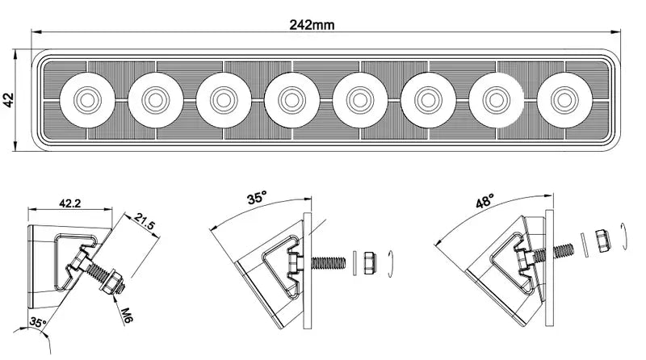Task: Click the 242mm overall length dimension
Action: [312, 25]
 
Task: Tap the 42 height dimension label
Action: [9, 100]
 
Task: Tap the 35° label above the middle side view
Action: [257, 198]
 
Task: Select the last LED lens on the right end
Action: [562, 99]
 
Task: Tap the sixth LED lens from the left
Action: [426, 99]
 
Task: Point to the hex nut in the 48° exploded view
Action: [602, 241]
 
